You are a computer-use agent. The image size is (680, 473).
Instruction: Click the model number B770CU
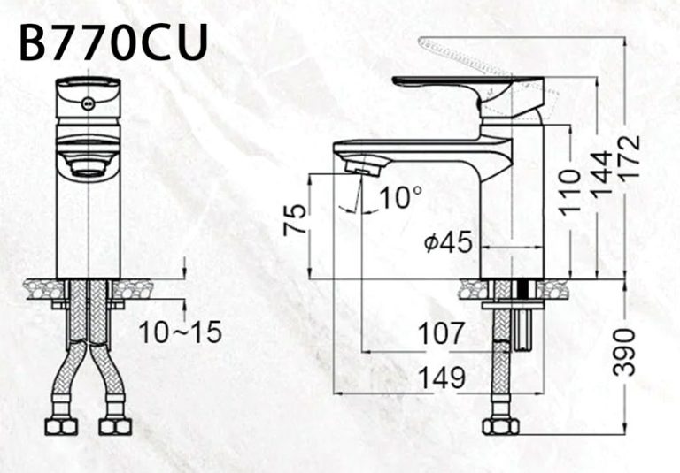(113, 42)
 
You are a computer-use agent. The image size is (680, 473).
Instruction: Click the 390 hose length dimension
(626, 352)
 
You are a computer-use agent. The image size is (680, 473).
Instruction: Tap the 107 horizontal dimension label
(440, 333)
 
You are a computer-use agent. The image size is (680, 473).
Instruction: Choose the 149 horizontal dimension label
(441, 378)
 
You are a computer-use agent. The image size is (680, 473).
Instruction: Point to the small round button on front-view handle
(87, 103)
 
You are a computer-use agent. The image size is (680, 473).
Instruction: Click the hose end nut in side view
(500, 426)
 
